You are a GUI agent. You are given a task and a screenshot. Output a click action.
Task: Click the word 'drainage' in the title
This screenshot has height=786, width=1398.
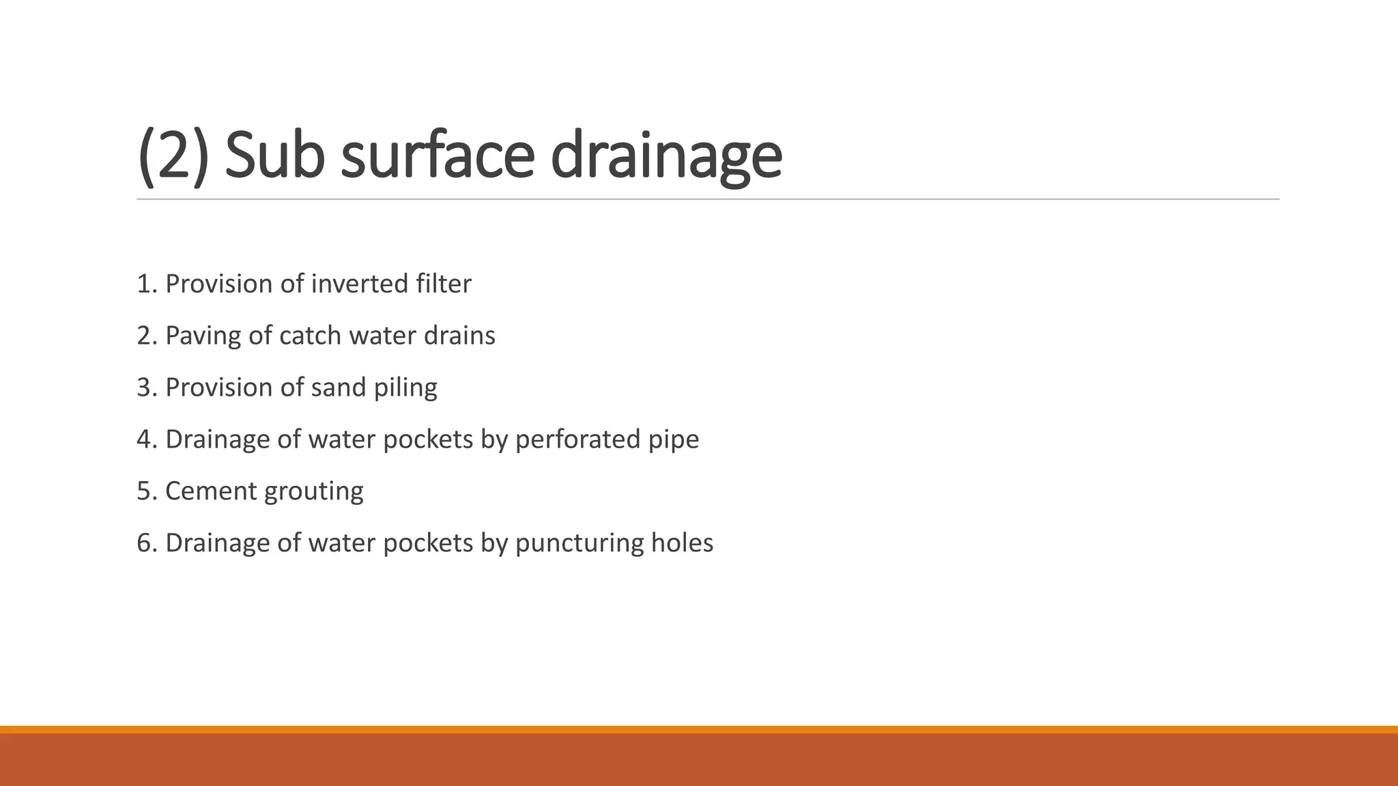[666, 156]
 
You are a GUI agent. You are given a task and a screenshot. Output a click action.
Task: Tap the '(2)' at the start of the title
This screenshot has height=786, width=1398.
[173, 156]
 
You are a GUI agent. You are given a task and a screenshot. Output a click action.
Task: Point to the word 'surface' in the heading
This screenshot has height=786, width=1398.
[437, 156]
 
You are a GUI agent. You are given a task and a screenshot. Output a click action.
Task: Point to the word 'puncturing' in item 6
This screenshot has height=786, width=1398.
[580, 543]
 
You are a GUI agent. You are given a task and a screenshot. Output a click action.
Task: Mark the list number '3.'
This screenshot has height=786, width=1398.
[147, 388]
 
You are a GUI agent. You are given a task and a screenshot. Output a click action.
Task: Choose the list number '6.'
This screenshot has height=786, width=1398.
[147, 543]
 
